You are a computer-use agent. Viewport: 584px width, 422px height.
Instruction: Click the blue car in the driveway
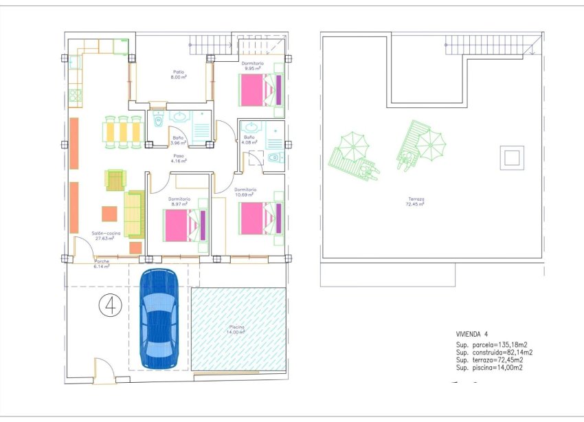coord(159,318)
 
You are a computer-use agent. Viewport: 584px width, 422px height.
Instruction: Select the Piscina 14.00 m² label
coord(237,329)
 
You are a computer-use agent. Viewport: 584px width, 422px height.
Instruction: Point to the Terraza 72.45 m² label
coord(415,203)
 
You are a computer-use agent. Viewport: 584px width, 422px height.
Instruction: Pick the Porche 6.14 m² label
coord(102,264)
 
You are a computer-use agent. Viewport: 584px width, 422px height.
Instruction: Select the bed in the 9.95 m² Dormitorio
coord(260,90)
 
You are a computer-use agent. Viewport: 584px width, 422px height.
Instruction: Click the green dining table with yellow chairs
coord(124,132)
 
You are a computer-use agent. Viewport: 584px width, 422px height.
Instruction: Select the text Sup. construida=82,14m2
coord(494,352)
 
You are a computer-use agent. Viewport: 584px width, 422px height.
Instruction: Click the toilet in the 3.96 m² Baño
coord(159,121)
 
